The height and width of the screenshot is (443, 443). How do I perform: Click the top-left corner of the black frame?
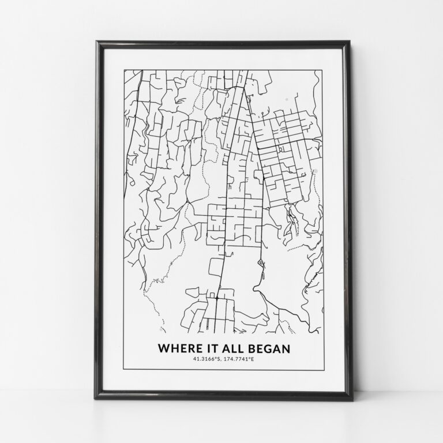97,42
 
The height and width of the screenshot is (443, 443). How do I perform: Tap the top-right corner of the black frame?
348,42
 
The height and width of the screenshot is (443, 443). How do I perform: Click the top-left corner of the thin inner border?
124,69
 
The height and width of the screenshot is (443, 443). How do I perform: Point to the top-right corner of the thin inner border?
322,69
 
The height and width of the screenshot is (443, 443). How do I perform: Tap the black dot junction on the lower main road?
216,299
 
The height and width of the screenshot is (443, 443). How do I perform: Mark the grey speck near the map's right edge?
315,171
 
